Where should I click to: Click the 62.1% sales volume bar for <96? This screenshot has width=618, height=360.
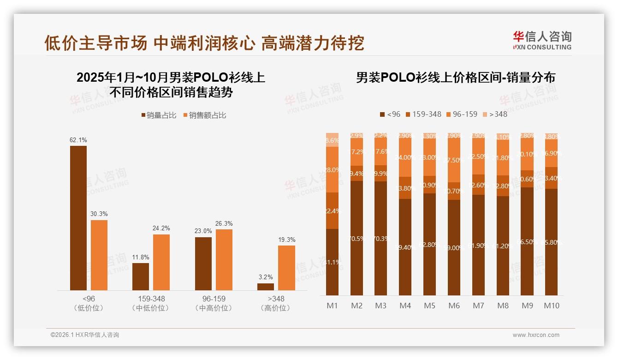pos(78,218)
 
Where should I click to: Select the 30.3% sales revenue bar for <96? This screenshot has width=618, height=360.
pos(99,255)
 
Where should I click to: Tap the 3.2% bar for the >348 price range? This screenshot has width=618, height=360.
pos(265,287)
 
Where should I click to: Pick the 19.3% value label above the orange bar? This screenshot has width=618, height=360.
pos(287,240)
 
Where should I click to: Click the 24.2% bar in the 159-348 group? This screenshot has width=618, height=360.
pos(161,262)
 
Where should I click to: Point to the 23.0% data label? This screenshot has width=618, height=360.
pos(203,231)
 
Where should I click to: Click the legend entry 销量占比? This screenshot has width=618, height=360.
pos(158,115)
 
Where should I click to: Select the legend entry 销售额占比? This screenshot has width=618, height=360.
pos(204,115)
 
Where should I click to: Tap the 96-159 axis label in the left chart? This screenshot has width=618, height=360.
pos(214,299)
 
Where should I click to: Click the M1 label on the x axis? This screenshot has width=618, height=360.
pos(332,306)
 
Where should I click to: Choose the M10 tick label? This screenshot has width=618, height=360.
pos(551,306)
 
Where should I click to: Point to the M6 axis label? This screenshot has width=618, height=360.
pos(454,306)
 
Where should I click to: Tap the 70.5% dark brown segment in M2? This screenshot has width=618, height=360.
pos(357,238)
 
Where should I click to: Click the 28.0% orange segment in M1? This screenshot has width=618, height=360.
pos(332,169)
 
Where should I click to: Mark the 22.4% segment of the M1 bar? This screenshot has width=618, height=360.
pos(332,210)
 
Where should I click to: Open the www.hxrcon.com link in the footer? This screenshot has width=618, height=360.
pos(536,335)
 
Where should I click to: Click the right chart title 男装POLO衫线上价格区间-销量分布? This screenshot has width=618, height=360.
pos(455,78)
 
